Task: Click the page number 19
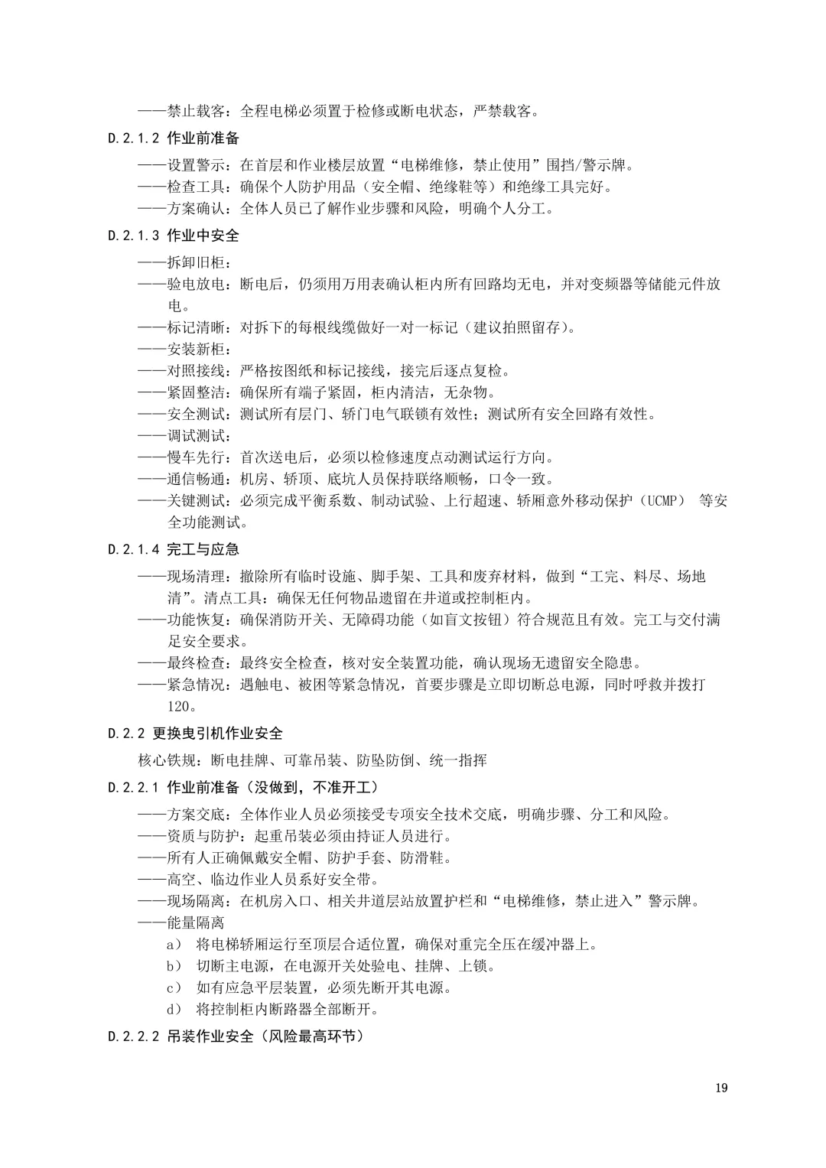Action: pos(721,1088)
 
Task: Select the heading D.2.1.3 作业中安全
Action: pos(174,236)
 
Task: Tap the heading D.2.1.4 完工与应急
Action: pos(174,549)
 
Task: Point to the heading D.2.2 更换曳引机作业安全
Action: pos(196,734)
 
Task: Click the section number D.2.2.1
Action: pos(135,787)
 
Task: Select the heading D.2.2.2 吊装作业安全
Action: pos(236,1037)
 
